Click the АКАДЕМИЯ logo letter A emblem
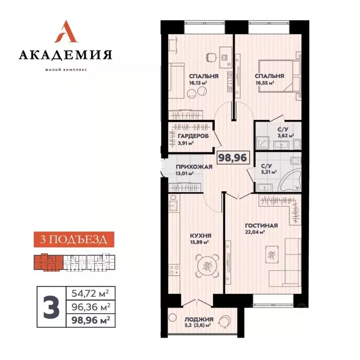coord(65,32)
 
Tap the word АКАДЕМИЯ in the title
coord(65,55)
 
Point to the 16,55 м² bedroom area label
coord(264,82)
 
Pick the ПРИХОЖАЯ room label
coord(191,167)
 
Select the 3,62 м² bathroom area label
coord(285,136)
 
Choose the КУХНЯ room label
coord(200,236)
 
